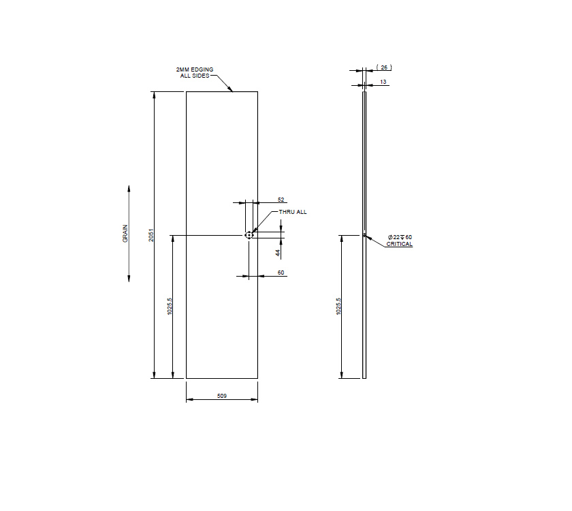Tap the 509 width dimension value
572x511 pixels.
click(221, 395)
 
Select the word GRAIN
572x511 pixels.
click(125, 234)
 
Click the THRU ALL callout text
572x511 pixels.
click(293, 212)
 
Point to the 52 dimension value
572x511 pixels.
click(281, 200)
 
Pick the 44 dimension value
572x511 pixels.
click(278, 252)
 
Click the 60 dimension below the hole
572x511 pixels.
click(281, 273)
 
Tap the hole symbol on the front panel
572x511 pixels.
click(249, 235)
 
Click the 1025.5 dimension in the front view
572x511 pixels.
click(169, 308)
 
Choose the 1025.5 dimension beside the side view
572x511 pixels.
click(338, 307)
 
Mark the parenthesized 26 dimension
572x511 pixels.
click(383, 67)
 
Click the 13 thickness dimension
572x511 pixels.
click(383, 82)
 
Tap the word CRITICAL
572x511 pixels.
click(400, 244)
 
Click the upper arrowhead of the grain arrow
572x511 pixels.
click(129, 188)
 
